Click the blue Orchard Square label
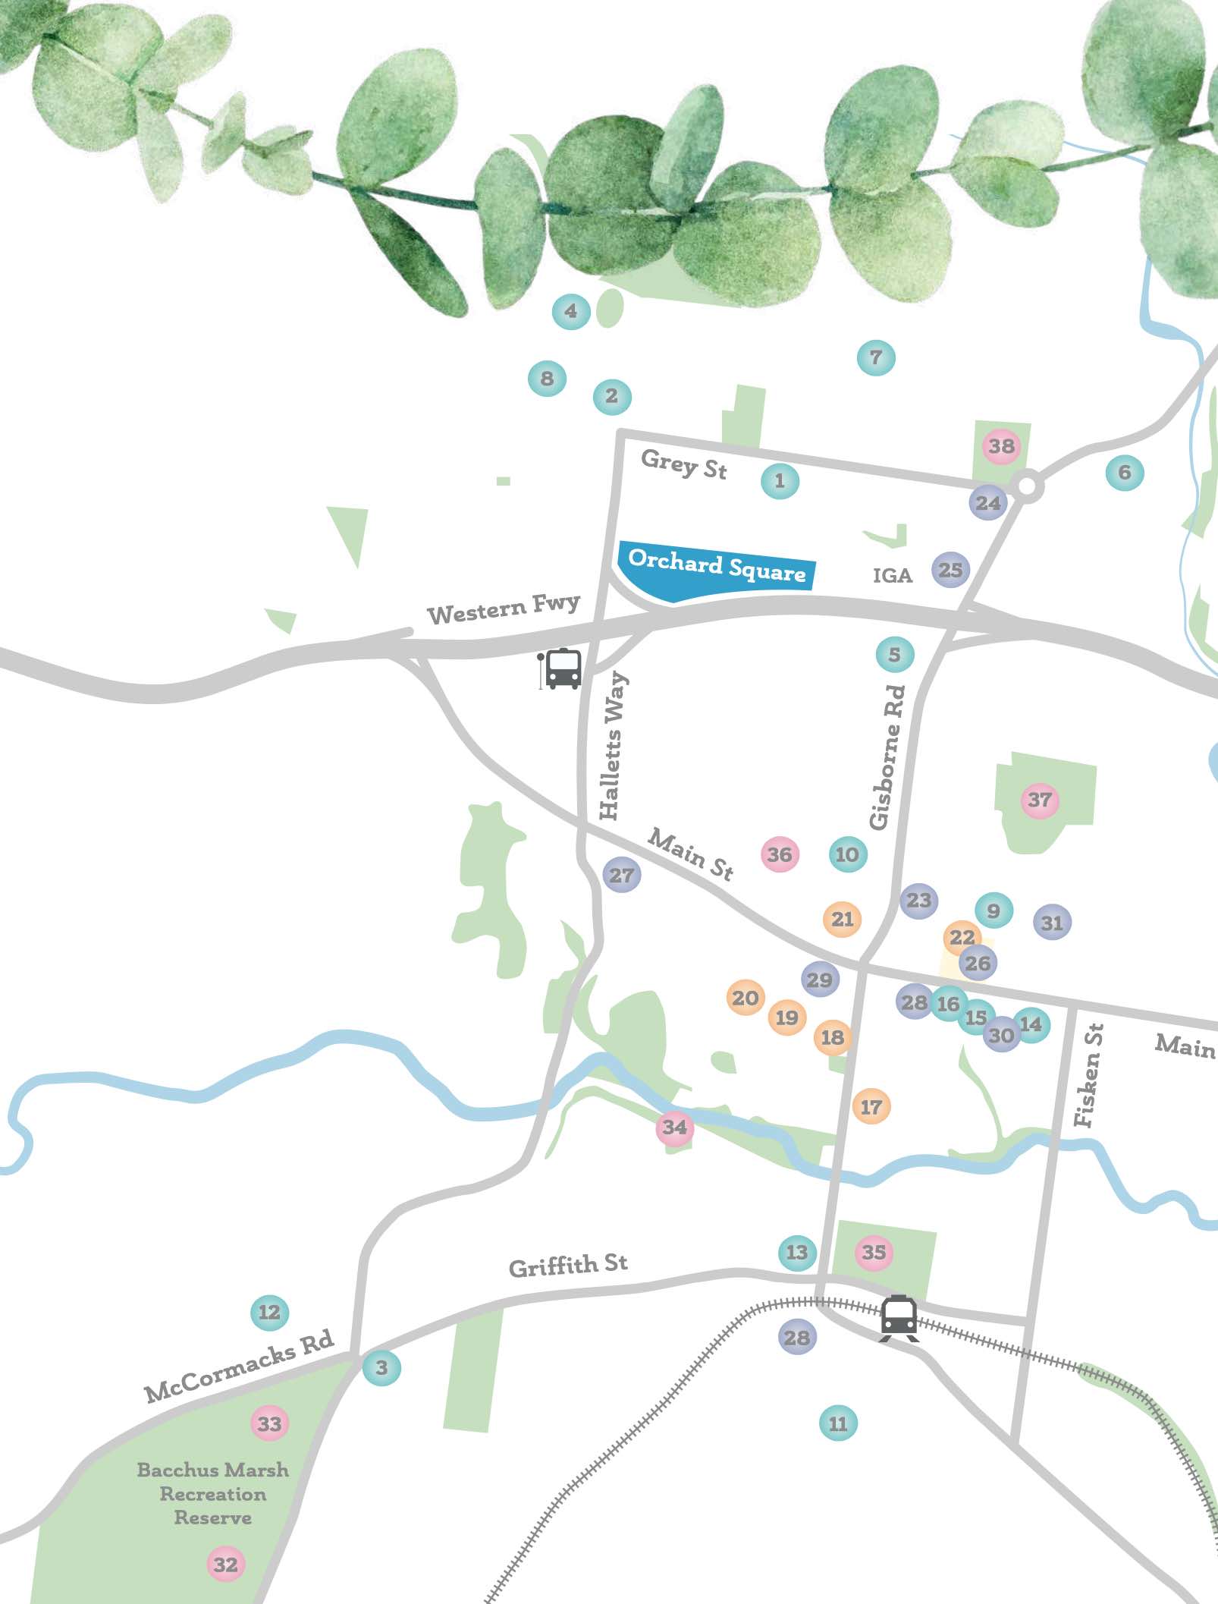click(716, 565)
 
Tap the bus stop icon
click(562, 668)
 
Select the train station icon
click(899, 1317)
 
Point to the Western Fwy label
click(503, 609)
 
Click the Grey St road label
click(683, 464)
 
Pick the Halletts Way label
click(612, 746)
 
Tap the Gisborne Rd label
click(887, 756)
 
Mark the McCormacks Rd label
click(239, 1365)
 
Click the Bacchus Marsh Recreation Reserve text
click(213, 1493)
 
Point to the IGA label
click(892, 575)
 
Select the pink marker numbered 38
click(1001, 446)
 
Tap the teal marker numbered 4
click(570, 311)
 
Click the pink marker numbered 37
click(1040, 800)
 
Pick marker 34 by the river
click(674, 1128)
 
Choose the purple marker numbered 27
click(622, 875)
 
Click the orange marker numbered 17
click(871, 1107)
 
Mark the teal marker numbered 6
click(1124, 473)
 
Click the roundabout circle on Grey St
click(1027, 486)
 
